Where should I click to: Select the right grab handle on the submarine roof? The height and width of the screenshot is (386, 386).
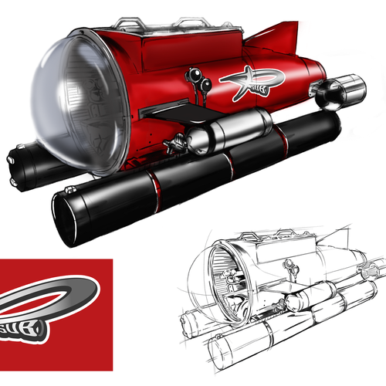192,23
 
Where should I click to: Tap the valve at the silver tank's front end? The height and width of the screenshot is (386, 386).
181,143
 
